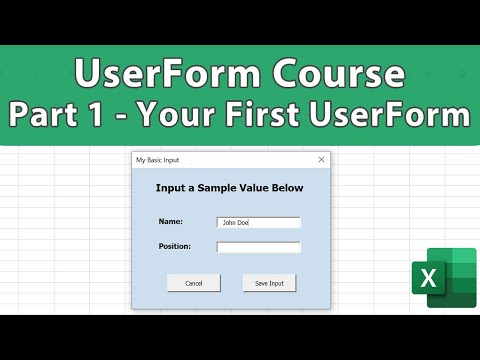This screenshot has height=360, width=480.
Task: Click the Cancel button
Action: (193, 283)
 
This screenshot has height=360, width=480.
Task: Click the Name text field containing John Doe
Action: (258, 222)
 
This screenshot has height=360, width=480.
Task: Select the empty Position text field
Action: (258, 247)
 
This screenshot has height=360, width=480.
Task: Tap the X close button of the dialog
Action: (321, 160)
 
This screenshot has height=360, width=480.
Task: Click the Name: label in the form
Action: (169, 222)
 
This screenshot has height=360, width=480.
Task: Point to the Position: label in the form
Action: (174, 246)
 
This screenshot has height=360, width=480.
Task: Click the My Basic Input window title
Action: (158, 160)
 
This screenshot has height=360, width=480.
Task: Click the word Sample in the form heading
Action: (221, 188)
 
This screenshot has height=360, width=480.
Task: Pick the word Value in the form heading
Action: (256, 188)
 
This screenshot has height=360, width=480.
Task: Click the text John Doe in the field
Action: (236, 222)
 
